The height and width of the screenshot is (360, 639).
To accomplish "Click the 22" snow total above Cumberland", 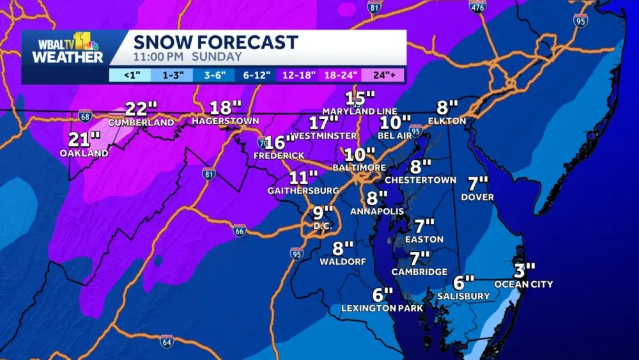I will pos(141,108).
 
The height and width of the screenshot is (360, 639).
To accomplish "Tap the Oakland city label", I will pos(84,153).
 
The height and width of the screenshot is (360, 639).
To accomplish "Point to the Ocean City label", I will pos(523,284).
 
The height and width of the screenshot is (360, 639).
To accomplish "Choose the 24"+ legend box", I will pos(383,75).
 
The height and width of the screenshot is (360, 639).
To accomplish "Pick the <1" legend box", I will pos(130,75).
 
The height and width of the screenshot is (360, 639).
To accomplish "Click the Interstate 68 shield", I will pos(85,116).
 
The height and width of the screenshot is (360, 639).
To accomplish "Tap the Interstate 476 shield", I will pos(477,7).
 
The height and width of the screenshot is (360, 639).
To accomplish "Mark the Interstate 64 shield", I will pos(167,341).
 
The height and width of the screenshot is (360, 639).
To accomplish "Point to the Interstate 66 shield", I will pos(239,231).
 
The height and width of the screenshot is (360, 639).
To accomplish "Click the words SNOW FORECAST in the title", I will pos(215,42).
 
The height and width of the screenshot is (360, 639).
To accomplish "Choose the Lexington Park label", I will pos(382,308).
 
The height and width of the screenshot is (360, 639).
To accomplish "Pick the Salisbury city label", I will pos(463,296).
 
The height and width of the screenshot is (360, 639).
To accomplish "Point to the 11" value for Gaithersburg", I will pos(304,178).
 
